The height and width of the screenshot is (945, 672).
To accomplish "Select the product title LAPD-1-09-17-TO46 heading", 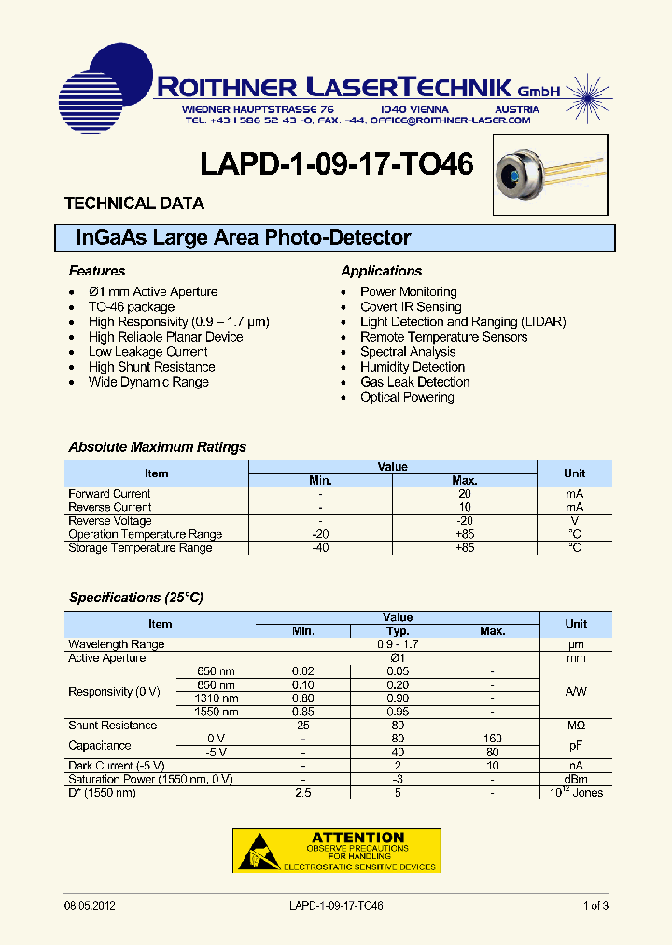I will (x=336, y=164).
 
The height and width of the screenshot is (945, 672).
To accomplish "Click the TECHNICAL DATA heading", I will (x=133, y=204).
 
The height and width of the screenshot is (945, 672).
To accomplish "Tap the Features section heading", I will (x=96, y=271).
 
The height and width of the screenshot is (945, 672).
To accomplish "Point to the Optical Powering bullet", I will (x=407, y=397).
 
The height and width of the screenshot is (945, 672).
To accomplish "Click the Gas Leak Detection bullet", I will (x=414, y=382).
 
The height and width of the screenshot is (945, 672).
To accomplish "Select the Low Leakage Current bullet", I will (x=147, y=352).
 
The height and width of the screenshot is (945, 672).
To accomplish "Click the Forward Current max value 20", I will (x=464, y=494).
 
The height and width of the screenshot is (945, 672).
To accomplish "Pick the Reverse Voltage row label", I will (x=110, y=521).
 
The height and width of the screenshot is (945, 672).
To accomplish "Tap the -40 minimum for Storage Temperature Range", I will (x=320, y=548).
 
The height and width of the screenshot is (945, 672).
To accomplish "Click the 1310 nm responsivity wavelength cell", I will (x=216, y=698).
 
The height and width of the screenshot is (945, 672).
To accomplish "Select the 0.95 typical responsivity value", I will (x=399, y=712).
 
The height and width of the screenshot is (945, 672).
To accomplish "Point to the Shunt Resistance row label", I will (x=112, y=726).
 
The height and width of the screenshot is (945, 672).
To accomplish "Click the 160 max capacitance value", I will (x=492, y=739).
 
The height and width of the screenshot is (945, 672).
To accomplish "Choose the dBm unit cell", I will (x=576, y=779).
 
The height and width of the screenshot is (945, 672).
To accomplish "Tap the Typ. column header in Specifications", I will (x=399, y=631).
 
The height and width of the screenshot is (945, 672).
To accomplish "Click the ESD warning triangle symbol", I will (x=259, y=852).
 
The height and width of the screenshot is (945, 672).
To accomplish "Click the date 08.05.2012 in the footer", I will (x=90, y=906).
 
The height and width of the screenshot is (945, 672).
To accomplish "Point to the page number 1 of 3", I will (x=595, y=906).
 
